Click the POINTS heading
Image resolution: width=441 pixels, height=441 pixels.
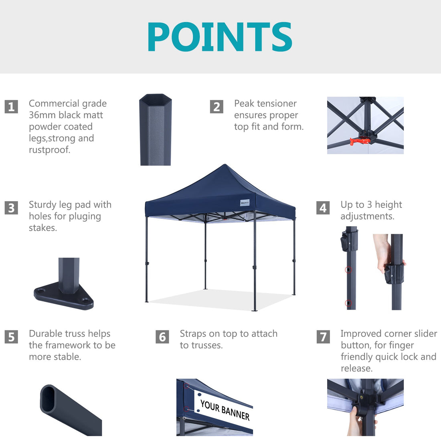coord(220,37)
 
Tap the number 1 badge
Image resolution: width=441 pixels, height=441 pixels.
coord(11,107)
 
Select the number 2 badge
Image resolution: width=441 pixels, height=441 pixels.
coord(216,107)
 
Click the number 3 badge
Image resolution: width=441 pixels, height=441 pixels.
coord(11,208)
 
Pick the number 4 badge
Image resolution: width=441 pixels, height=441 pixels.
coord(323,208)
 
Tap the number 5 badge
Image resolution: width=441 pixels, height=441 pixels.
coord(11,337)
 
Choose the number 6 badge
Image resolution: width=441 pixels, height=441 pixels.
coord(162,337)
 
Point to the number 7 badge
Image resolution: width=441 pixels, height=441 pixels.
coord(323,337)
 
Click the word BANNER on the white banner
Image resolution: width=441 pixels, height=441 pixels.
coord(235,413)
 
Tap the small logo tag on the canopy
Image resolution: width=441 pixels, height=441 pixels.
coord(245,202)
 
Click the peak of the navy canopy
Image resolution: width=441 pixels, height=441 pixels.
coord(225,164)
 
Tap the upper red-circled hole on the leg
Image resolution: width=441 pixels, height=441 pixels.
coord(348,270)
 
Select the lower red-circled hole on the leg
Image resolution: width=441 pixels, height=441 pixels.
coord(348,303)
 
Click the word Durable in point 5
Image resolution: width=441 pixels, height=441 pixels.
coord(46,334)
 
